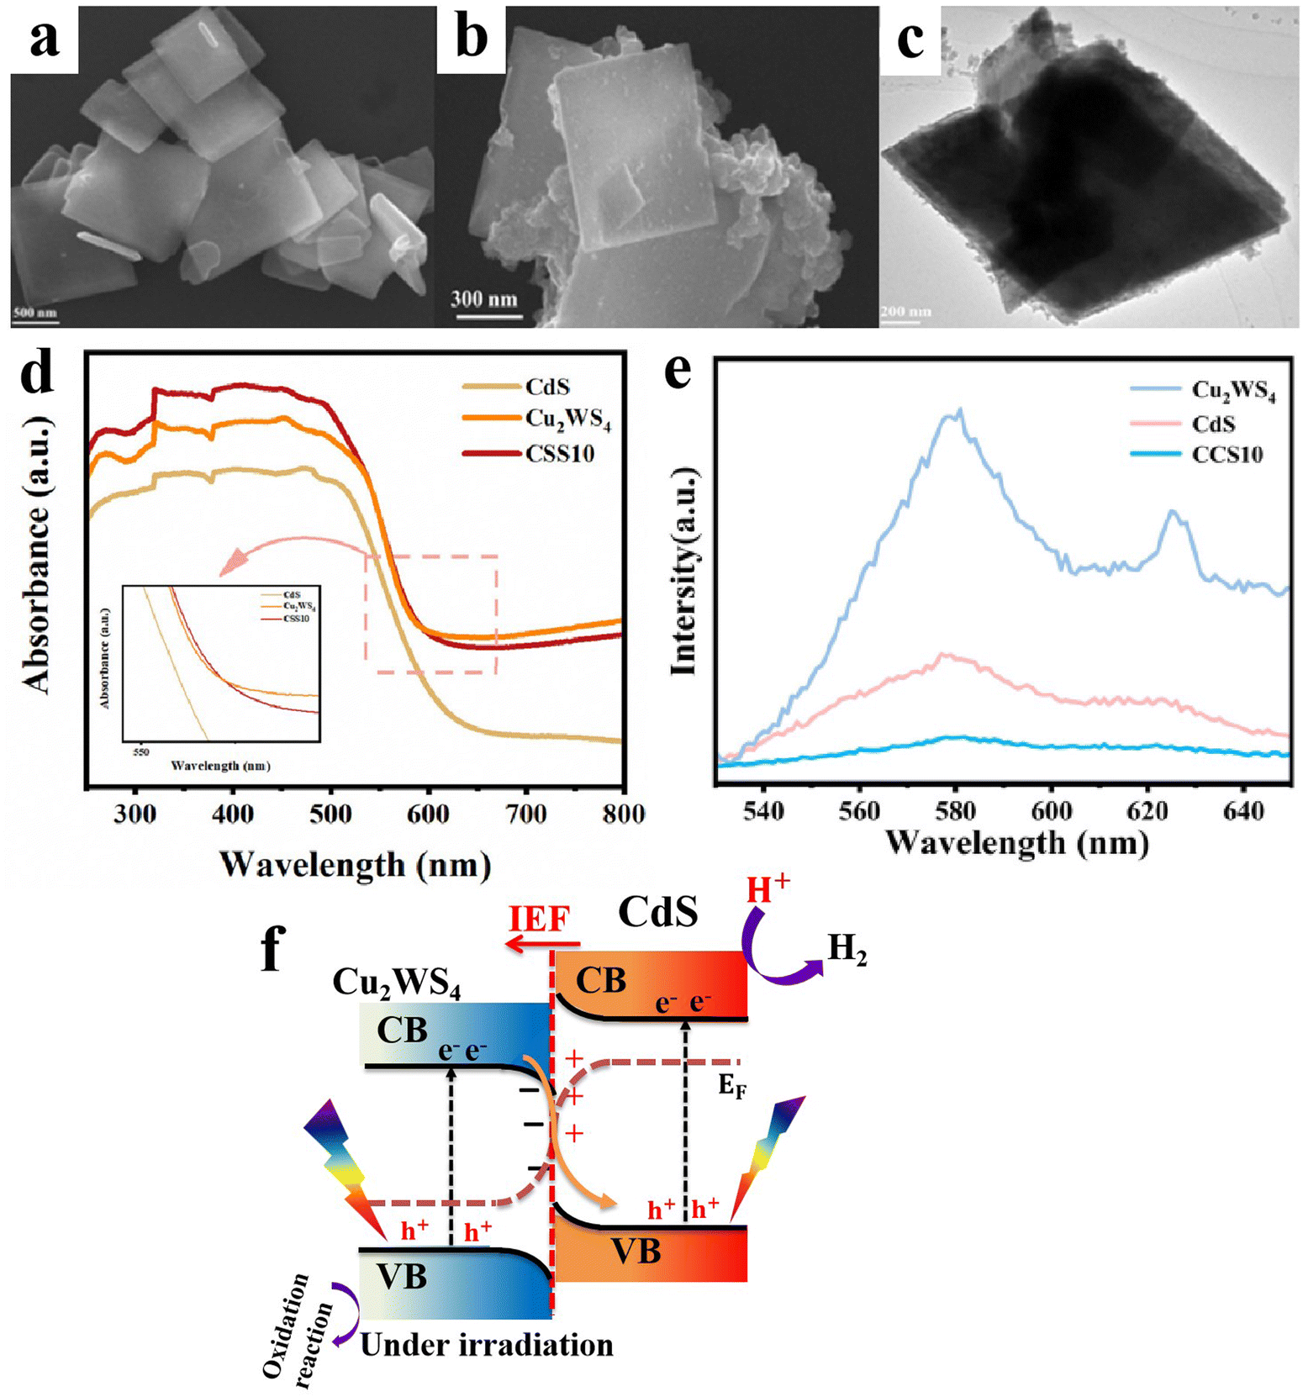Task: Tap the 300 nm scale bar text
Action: coord(483,298)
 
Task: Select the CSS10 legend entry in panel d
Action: coord(560,454)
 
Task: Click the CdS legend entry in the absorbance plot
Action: coord(547,387)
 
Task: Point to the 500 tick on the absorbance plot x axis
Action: coord(331,814)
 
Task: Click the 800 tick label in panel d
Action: coord(623,814)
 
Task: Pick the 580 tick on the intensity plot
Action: coord(955,811)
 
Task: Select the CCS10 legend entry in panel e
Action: coord(1227,455)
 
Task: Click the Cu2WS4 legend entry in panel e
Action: coord(1233,391)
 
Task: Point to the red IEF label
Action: coord(539,919)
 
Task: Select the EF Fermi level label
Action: coord(731,1087)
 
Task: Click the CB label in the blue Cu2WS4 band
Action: coord(402,1030)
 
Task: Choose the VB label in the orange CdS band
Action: coord(636,1252)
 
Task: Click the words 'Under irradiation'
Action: coord(487,1345)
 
